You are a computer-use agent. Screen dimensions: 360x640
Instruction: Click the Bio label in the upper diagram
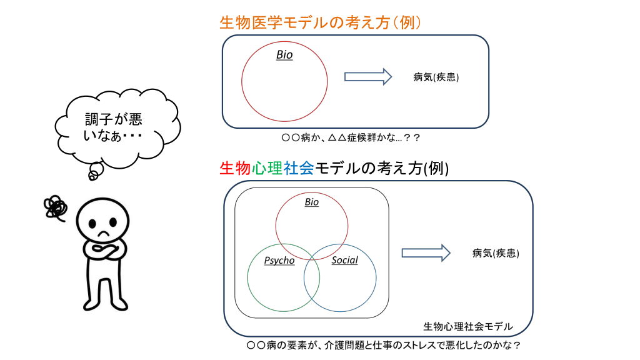point(284,55)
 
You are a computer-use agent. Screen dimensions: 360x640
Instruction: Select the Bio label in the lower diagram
point(311,202)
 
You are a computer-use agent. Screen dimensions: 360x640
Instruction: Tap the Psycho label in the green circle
point(279,261)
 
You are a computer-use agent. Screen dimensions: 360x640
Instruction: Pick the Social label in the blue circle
point(344,260)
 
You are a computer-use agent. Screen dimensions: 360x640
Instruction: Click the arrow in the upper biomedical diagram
point(368,77)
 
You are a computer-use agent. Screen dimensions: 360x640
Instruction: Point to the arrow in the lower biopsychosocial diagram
point(426,252)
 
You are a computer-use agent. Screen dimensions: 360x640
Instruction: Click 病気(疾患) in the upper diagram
point(436,77)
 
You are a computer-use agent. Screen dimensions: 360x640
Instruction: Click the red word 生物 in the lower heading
point(235,168)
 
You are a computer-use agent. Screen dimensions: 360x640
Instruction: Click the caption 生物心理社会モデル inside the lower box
point(467,326)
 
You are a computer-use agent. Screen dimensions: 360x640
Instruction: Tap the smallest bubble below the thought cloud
point(92,176)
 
